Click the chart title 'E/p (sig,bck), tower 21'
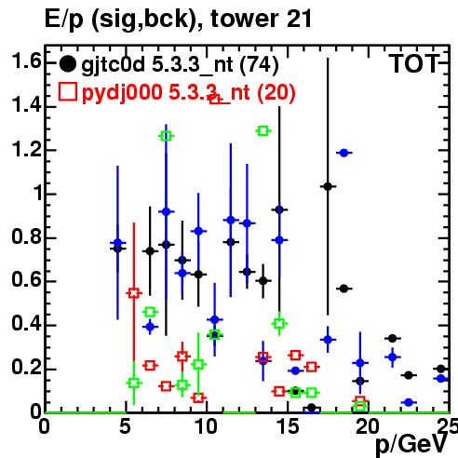tap(178, 20)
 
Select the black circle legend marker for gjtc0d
tap(67, 64)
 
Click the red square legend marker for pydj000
tap(68, 91)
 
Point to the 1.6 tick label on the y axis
tap(26, 61)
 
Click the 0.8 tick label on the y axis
tap(26, 236)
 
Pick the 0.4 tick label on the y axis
tap(26, 324)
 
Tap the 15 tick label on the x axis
tap(289, 426)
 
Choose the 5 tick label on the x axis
tap(125, 426)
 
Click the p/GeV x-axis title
tap(411, 444)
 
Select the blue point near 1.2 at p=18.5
tap(343, 153)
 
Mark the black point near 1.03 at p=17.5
tap(328, 186)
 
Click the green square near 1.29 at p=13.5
tap(263, 131)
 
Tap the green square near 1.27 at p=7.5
tap(167, 136)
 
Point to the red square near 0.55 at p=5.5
tap(134, 293)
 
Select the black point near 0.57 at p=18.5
tap(343, 289)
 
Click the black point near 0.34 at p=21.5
tap(393, 338)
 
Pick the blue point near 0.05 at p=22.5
tap(409, 402)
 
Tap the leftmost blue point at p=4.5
tap(117, 243)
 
